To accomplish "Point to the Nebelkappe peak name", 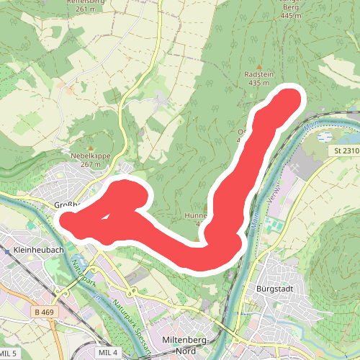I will [90, 155].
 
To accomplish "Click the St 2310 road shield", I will [346, 151].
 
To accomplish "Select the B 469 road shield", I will [44, 311].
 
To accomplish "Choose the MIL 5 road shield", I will [9, 353].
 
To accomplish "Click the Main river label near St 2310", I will [310, 128].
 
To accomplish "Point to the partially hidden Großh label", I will [66, 205].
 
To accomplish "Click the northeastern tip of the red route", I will [291, 99].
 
